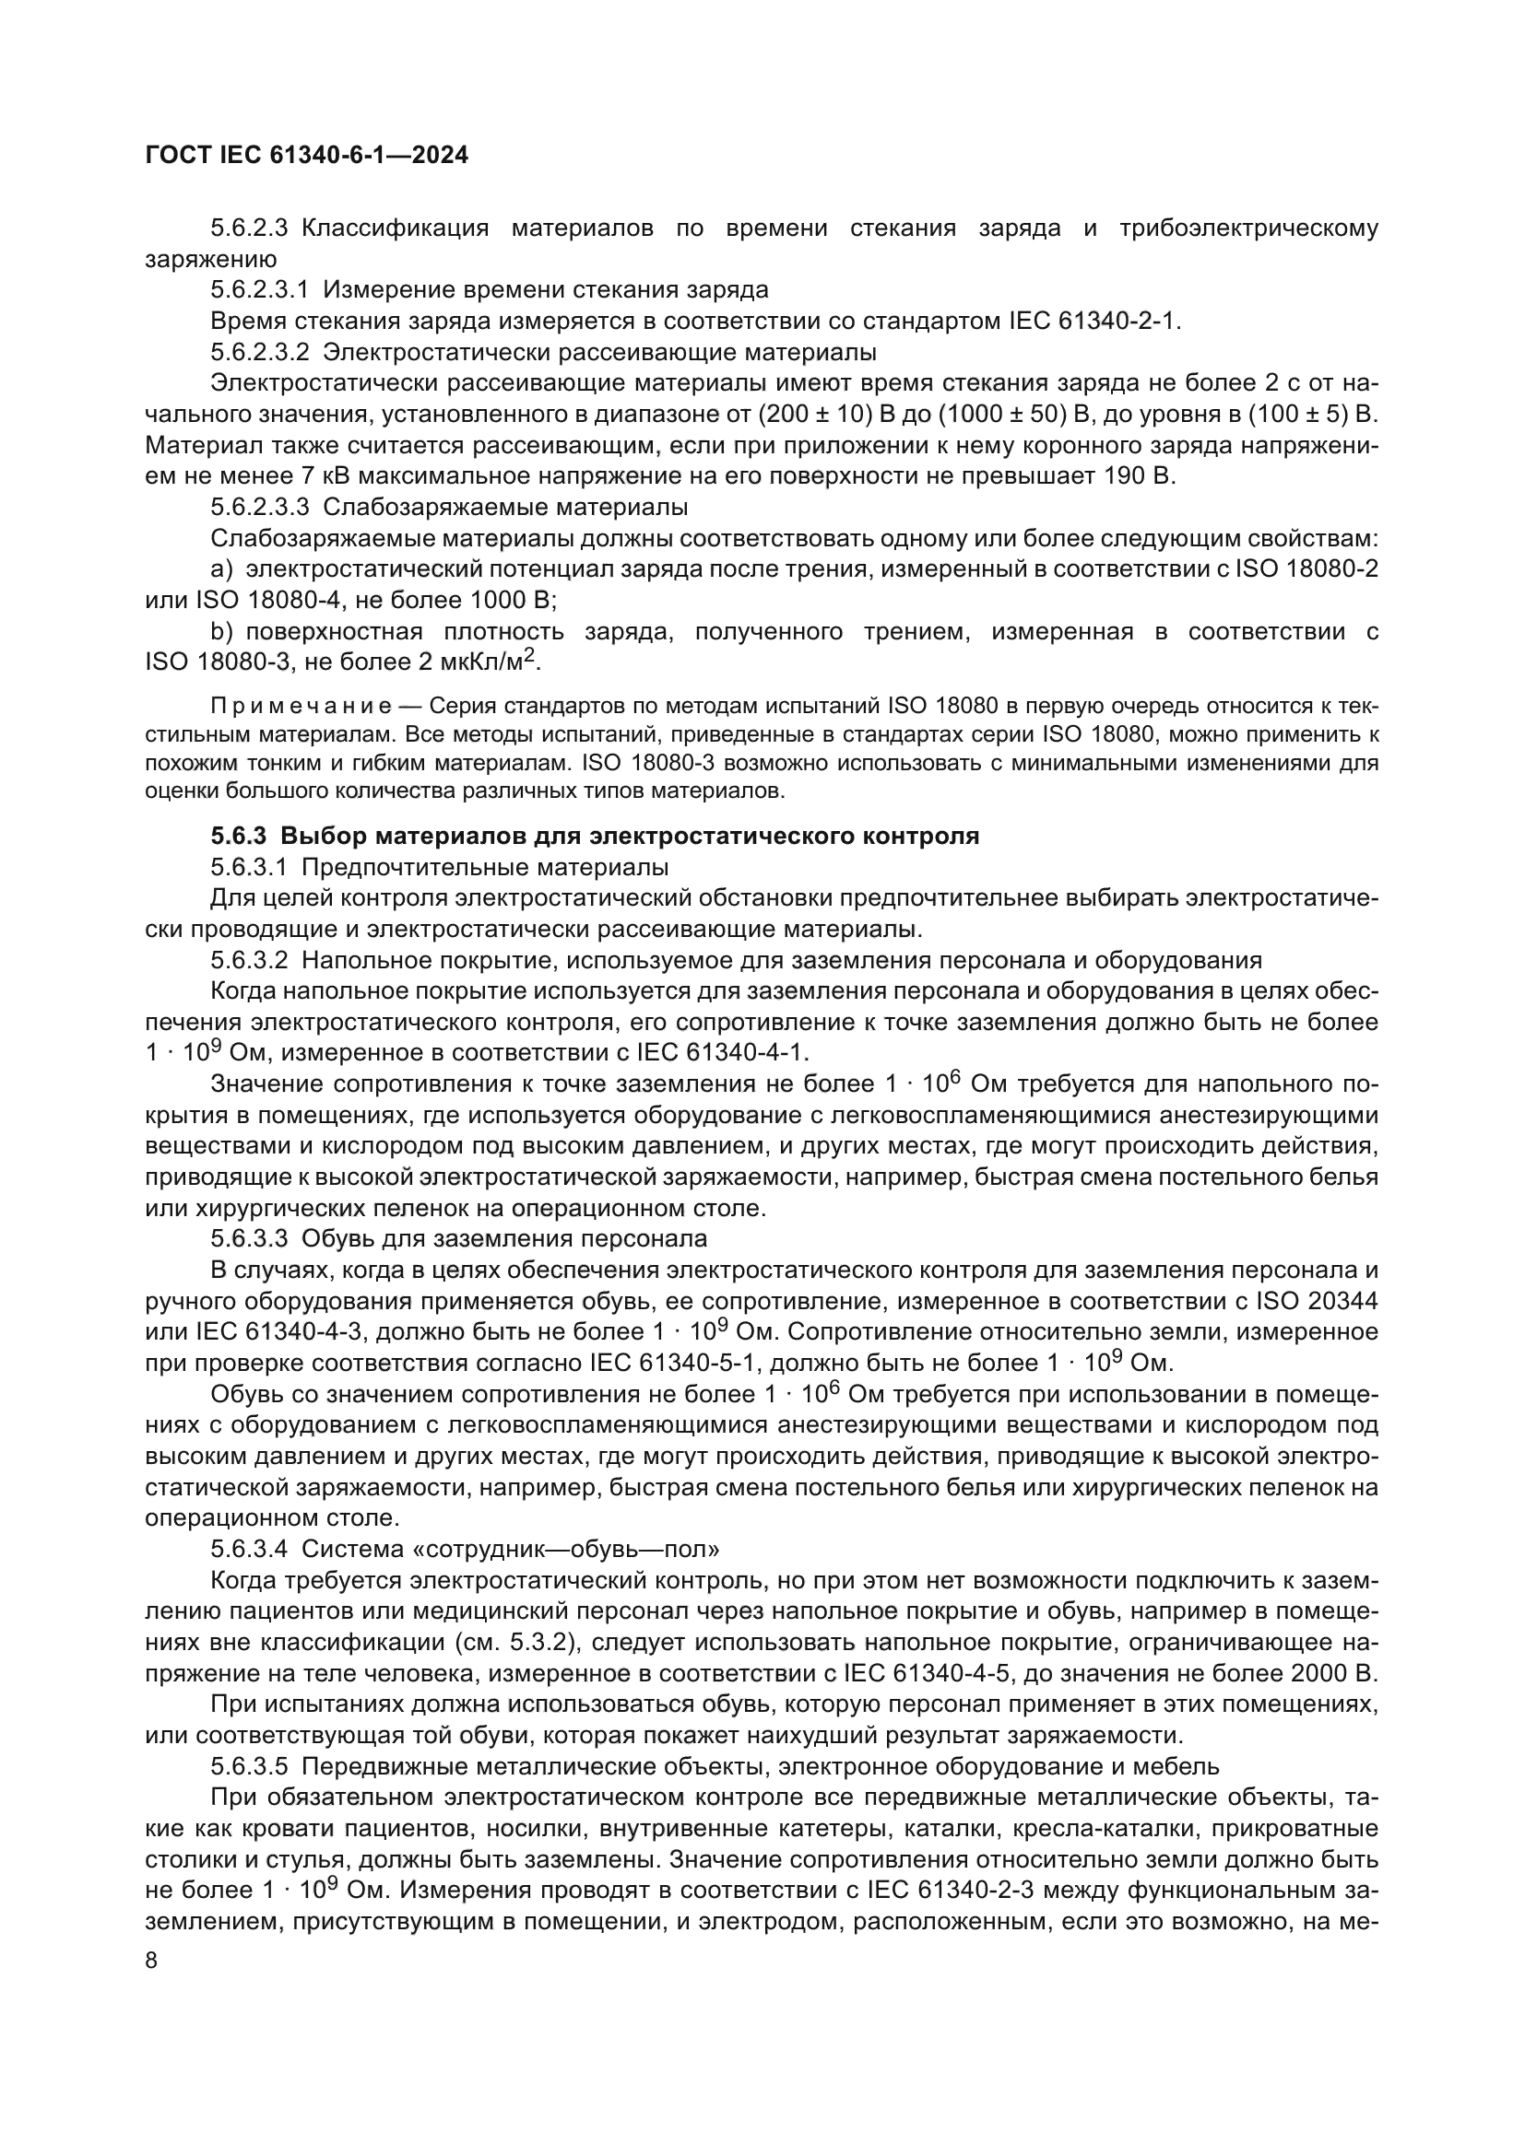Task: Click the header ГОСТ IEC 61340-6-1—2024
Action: (306, 156)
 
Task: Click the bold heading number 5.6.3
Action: (239, 836)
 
